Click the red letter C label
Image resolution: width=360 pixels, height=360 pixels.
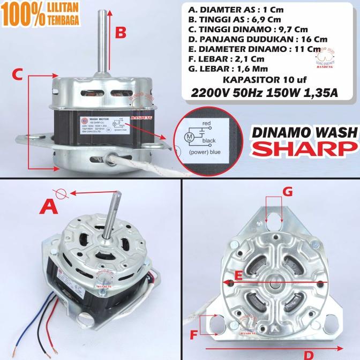(x=17, y=76)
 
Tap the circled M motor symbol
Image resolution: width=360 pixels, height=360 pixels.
(x=189, y=137)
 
